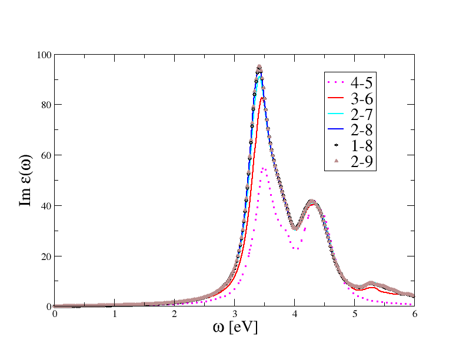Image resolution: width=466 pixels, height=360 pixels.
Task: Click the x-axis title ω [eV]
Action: point(234,326)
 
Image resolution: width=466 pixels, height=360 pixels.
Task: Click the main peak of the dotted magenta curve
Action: point(264,169)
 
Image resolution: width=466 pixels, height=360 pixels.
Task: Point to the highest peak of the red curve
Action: point(262,98)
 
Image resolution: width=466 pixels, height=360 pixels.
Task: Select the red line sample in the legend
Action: point(337,98)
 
